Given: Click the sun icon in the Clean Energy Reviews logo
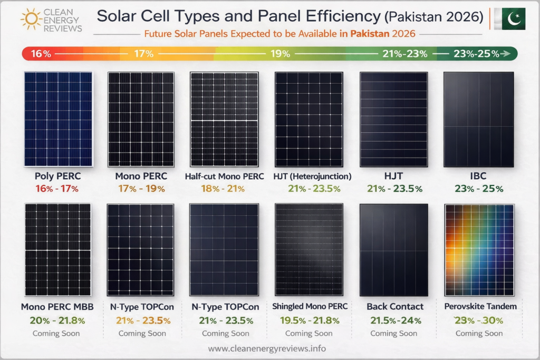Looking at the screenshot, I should [31, 18].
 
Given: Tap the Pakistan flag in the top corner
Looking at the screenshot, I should [510, 18].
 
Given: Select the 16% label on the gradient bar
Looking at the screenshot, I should [41, 53].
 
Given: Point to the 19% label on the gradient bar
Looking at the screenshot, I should [281, 53].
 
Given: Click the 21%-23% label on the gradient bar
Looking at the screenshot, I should [405, 53].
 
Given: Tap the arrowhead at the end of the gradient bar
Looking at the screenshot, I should [506, 53].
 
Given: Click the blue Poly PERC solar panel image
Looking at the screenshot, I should [58, 119].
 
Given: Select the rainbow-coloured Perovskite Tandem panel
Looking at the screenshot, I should [479, 250].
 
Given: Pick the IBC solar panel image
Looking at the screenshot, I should [479, 119].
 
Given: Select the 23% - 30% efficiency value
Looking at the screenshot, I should [479, 320].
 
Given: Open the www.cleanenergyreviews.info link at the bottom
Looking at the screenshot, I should [267, 348].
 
